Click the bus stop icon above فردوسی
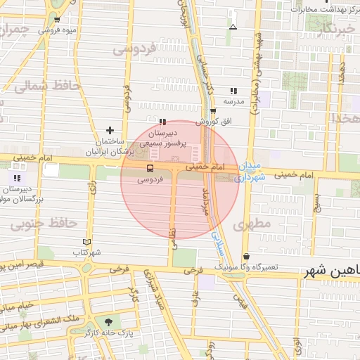click(x=149, y=168)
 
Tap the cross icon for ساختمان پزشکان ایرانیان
click(x=110, y=130)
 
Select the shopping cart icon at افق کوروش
click(x=213, y=110)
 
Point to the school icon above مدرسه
click(x=233, y=91)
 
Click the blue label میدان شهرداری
click(x=250, y=172)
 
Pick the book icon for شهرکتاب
click(x=87, y=241)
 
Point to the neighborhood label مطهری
click(x=255, y=226)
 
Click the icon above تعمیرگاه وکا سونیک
click(x=246, y=257)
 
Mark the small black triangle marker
click(x=233, y=27)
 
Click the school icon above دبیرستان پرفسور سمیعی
click(x=162, y=121)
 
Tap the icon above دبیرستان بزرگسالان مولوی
click(x=17, y=178)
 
